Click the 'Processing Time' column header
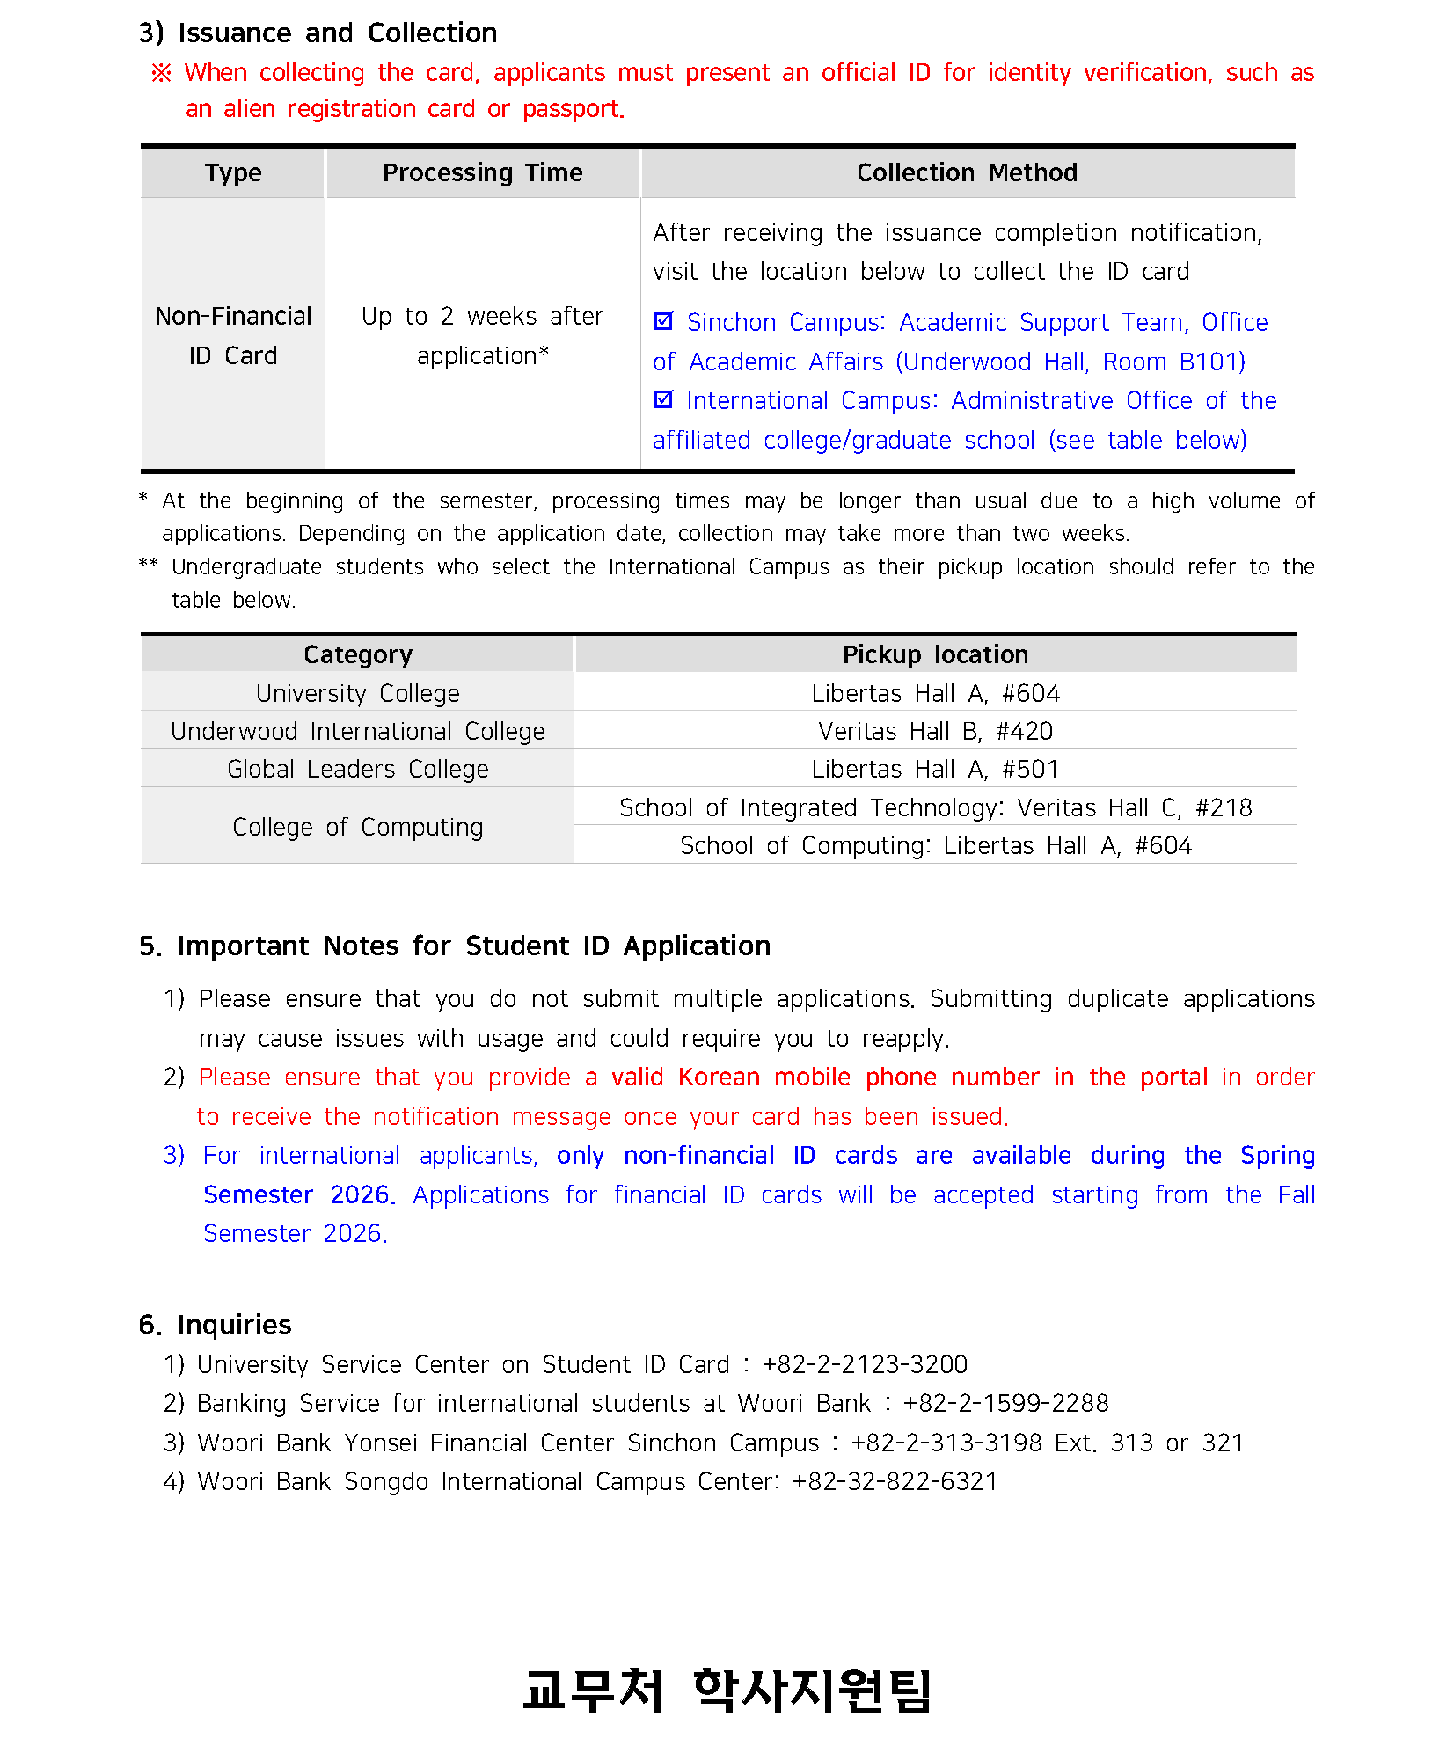click(482, 172)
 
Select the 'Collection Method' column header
click(967, 172)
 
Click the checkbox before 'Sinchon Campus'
click(664, 322)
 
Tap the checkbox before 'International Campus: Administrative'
click(664, 400)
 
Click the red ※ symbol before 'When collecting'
click(161, 73)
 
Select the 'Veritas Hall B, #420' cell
click(935, 731)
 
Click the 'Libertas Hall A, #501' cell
click(935, 769)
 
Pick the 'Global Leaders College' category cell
click(357, 769)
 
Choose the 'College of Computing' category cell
click(357, 827)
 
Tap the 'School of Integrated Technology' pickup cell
click(935, 807)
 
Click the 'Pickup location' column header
click(935, 654)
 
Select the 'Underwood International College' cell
click(357, 731)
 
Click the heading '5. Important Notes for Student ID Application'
click(455, 946)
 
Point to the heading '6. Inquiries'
click(215, 1325)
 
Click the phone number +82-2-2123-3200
click(865, 1364)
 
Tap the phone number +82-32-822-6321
click(895, 1481)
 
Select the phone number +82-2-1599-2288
click(1005, 1403)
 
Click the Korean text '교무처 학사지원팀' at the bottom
click(727, 1690)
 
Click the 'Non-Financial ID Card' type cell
click(233, 335)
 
